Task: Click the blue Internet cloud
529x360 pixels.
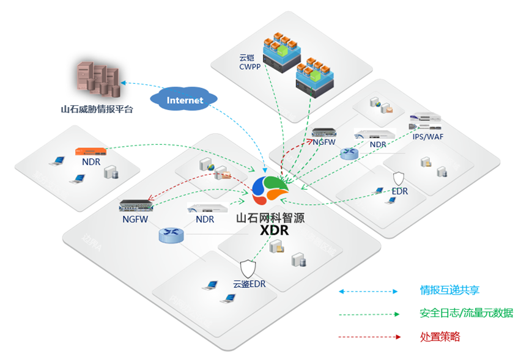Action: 184,100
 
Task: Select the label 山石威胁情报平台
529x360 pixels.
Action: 97,110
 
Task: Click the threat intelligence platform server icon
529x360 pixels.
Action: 97,79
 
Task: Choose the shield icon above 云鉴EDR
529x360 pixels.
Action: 248,268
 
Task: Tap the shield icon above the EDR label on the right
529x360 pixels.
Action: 399,178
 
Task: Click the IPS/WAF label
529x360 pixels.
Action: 427,136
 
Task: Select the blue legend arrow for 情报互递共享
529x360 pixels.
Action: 368,291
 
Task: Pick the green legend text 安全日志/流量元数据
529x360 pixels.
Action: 466,313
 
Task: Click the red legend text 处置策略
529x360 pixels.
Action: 440,336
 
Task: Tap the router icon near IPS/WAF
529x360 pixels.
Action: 349,155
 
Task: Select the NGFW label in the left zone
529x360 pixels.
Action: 134,219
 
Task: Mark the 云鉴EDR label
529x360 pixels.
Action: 249,284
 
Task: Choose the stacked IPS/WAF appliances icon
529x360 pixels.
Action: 426,122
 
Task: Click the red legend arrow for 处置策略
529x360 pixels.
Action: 368,337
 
